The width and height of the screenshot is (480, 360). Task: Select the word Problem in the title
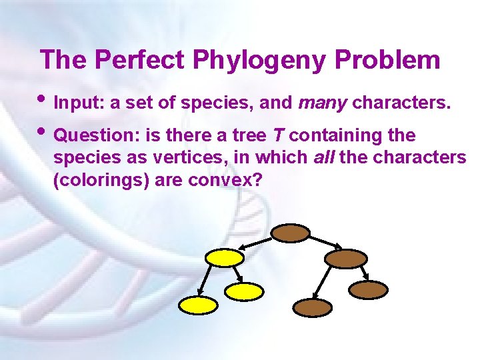click(387, 60)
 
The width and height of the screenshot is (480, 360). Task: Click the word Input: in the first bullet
click(73, 104)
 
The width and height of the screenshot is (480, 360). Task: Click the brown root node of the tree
click(290, 233)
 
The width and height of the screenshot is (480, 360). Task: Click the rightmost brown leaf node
click(369, 289)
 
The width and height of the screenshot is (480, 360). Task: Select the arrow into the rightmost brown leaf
click(363, 273)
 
